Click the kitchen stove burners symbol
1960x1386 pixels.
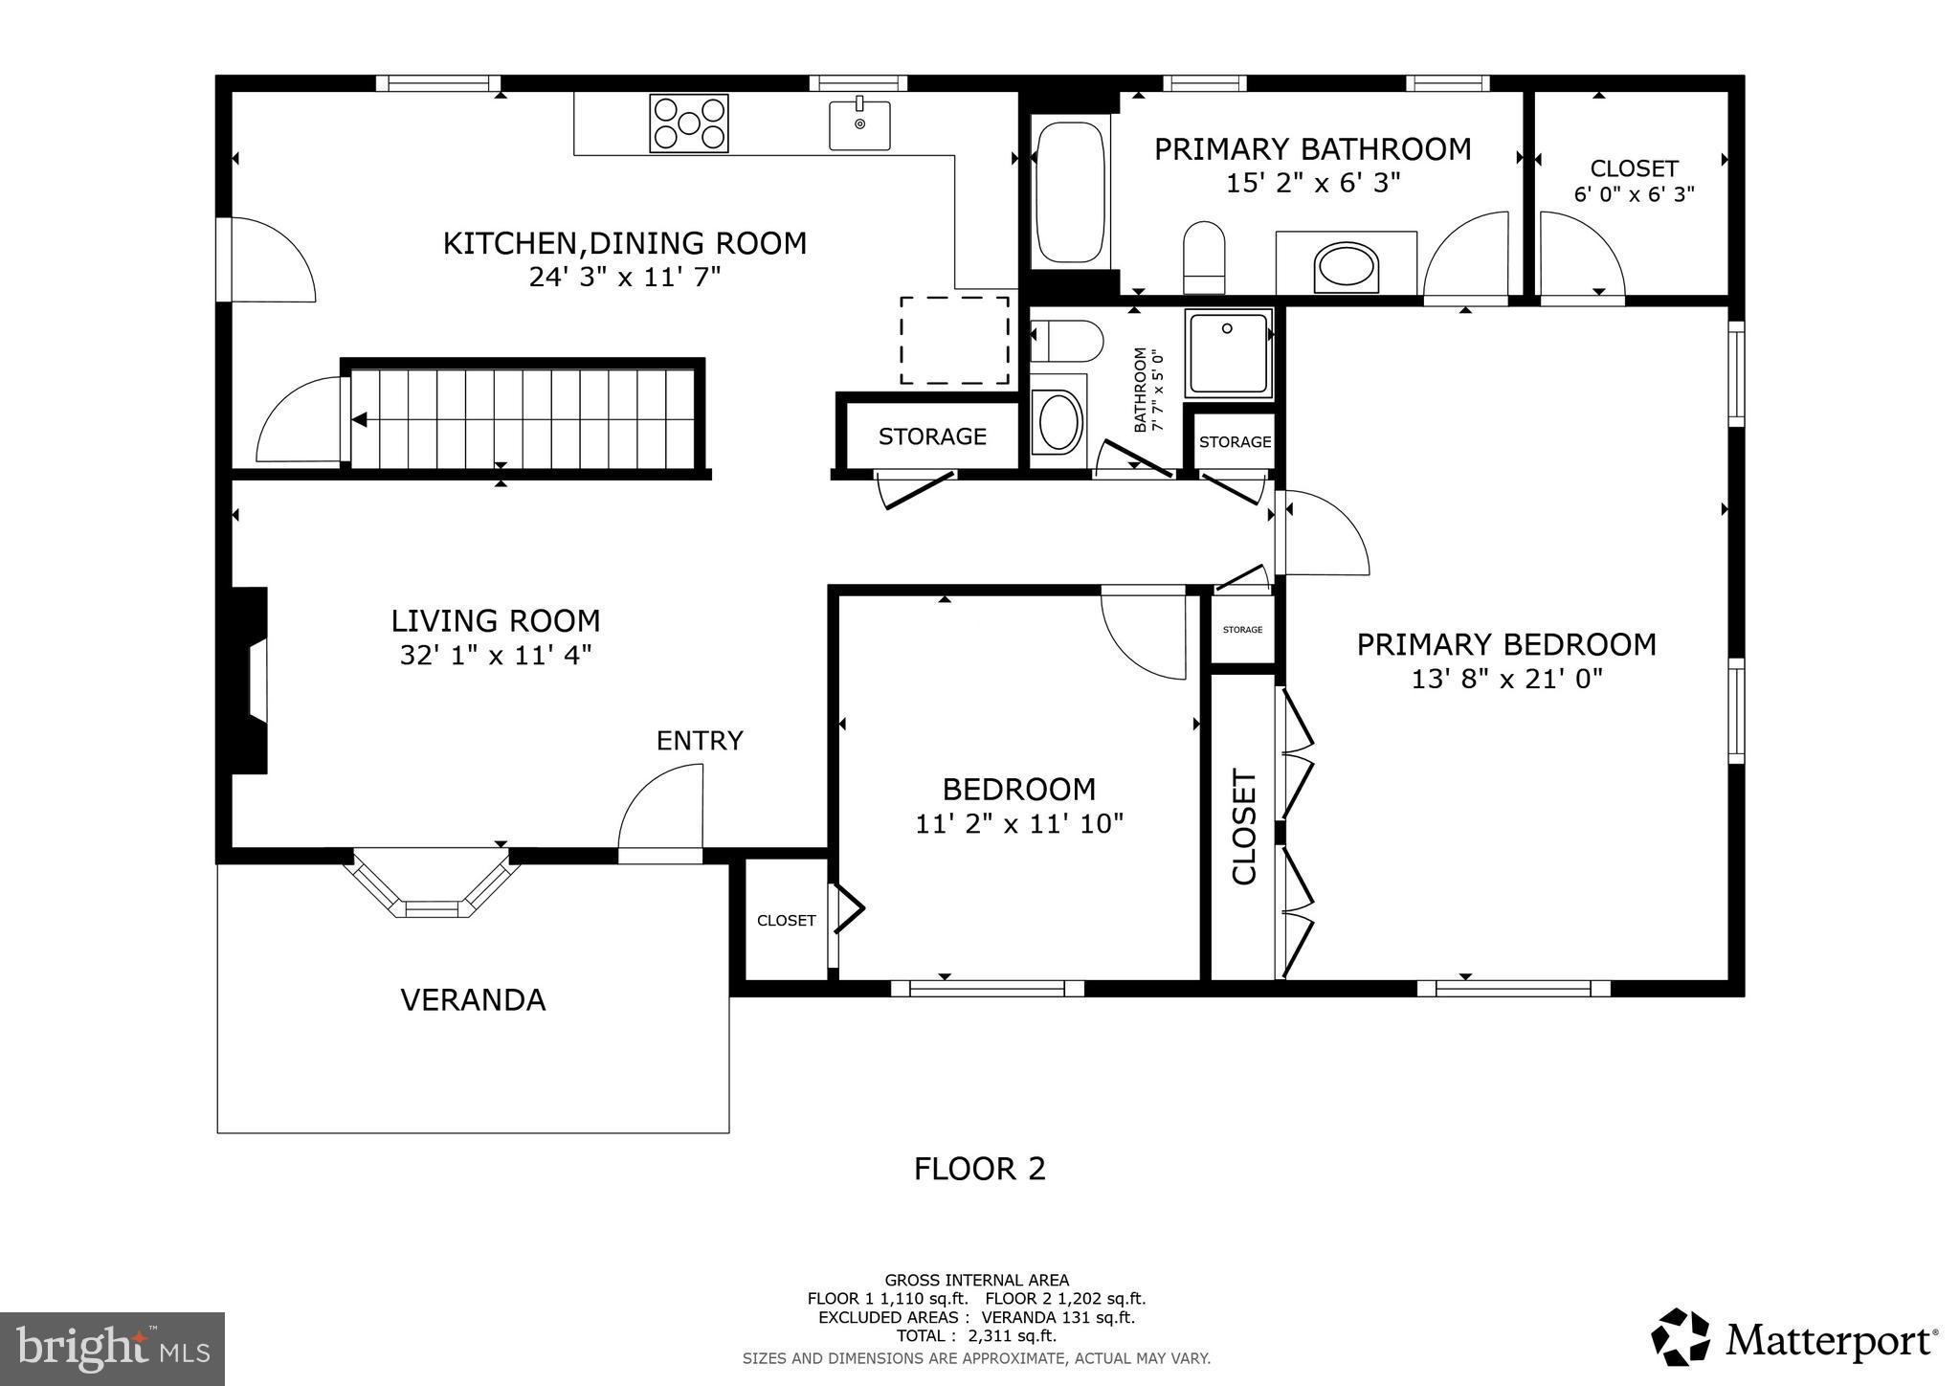pos(688,123)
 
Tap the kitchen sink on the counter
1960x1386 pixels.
pos(859,125)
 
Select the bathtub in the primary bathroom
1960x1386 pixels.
pos(1071,192)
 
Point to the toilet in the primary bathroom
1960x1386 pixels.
pos(1204,257)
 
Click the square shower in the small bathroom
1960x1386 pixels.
pos(1229,353)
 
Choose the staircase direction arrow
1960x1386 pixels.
pos(360,419)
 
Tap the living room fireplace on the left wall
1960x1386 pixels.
pos(250,680)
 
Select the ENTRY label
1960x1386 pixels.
pos(700,741)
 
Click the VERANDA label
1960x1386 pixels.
pos(473,1000)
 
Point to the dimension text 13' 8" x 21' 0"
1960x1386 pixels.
pos(1506,680)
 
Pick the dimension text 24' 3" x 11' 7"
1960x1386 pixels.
pos(624,278)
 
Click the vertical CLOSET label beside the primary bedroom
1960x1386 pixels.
pos(1243,827)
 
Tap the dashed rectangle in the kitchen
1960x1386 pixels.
pos(954,341)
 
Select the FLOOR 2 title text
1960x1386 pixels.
pos(979,1169)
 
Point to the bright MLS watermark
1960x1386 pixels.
pos(112,1349)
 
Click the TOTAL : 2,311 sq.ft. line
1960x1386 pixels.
pos(976,1336)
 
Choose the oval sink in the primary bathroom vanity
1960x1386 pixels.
pos(1347,267)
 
